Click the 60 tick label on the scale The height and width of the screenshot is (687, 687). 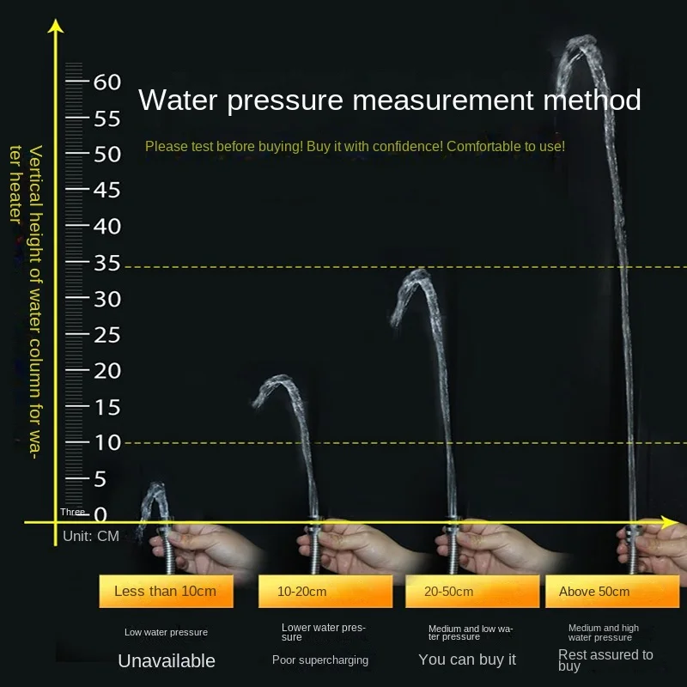pos(106,82)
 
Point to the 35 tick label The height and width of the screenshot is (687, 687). pos(106,263)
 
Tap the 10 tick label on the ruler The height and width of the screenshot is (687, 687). pos(106,443)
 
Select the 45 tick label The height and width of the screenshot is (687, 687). pos(106,191)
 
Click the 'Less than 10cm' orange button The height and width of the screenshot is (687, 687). pos(165,591)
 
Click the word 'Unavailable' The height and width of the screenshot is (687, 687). pos(167,660)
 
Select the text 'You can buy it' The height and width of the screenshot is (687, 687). pos(467,660)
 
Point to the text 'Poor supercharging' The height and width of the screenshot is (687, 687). pos(320,660)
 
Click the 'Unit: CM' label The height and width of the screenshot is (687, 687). pos(91,537)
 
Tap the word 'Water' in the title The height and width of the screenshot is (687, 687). pos(179,100)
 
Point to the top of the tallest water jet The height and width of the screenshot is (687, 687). pos(584,40)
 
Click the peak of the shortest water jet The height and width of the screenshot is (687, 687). pos(157,486)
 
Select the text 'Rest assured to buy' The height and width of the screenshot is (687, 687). pos(605,660)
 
